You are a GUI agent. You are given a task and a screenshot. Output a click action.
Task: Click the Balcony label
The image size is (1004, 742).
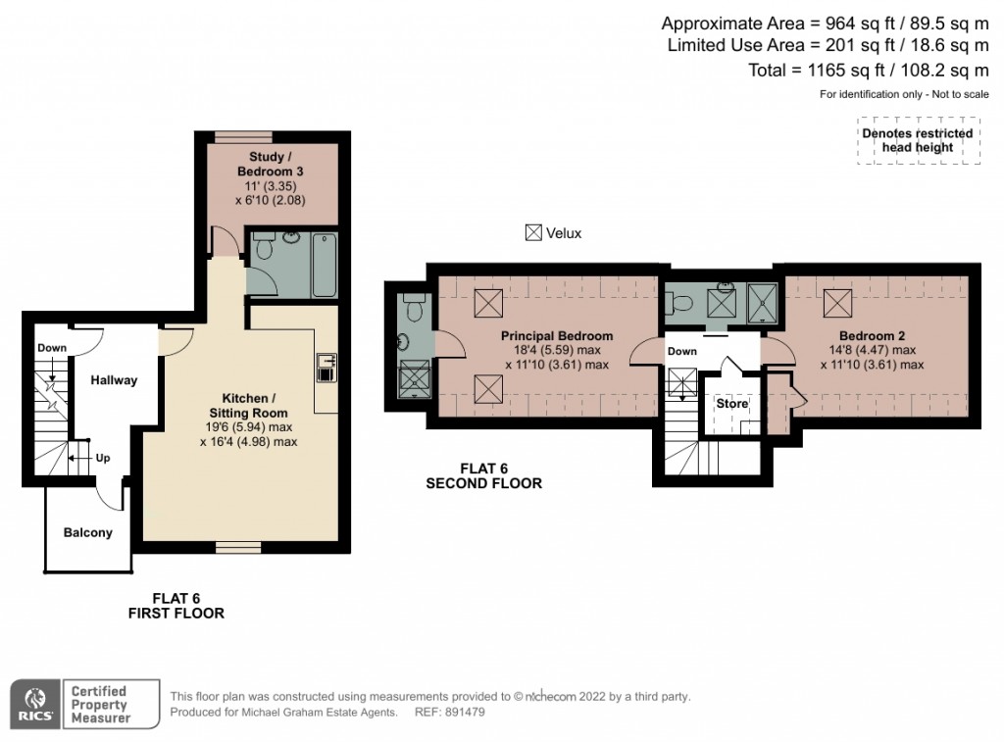pos(87,532)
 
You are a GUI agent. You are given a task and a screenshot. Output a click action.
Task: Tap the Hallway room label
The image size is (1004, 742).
pos(114,380)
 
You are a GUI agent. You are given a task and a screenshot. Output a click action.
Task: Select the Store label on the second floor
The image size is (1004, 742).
pos(731,403)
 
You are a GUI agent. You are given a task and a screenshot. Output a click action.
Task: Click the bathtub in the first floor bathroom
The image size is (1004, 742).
pos(325,265)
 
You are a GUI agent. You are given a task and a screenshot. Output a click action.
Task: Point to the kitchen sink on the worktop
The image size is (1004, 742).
pos(326,369)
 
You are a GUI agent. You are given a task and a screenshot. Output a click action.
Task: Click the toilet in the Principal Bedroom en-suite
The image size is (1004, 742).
pos(414,308)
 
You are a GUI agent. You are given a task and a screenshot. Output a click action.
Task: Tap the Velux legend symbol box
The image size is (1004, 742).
pos(533,233)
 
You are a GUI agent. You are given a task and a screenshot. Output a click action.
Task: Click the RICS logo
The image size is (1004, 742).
pos(36,704)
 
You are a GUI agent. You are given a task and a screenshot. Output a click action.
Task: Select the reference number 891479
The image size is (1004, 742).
pos(465,712)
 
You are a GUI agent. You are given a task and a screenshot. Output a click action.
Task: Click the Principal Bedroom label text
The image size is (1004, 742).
pos(557,335)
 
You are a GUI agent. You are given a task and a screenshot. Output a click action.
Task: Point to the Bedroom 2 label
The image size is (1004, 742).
pos(872,335)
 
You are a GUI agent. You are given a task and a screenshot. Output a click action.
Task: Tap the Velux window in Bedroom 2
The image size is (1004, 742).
pos(837,303)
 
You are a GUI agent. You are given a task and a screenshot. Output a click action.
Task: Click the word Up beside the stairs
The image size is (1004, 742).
pos(103,458)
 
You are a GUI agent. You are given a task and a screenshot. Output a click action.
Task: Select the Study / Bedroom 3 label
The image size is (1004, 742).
pos(271,164)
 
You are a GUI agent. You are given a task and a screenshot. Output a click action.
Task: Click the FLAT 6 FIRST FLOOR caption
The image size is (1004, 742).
pos(176,606)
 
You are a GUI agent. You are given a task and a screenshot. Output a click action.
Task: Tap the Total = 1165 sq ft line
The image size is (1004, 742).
pos(869,70)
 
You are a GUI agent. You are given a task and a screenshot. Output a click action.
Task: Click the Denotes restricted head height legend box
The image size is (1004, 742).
pos(918,140)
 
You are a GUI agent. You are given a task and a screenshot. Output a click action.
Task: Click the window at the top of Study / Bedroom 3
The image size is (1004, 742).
pos(243,136)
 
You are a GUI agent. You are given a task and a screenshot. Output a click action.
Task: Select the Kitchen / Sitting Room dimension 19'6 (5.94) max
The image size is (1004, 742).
pos(248,427)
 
